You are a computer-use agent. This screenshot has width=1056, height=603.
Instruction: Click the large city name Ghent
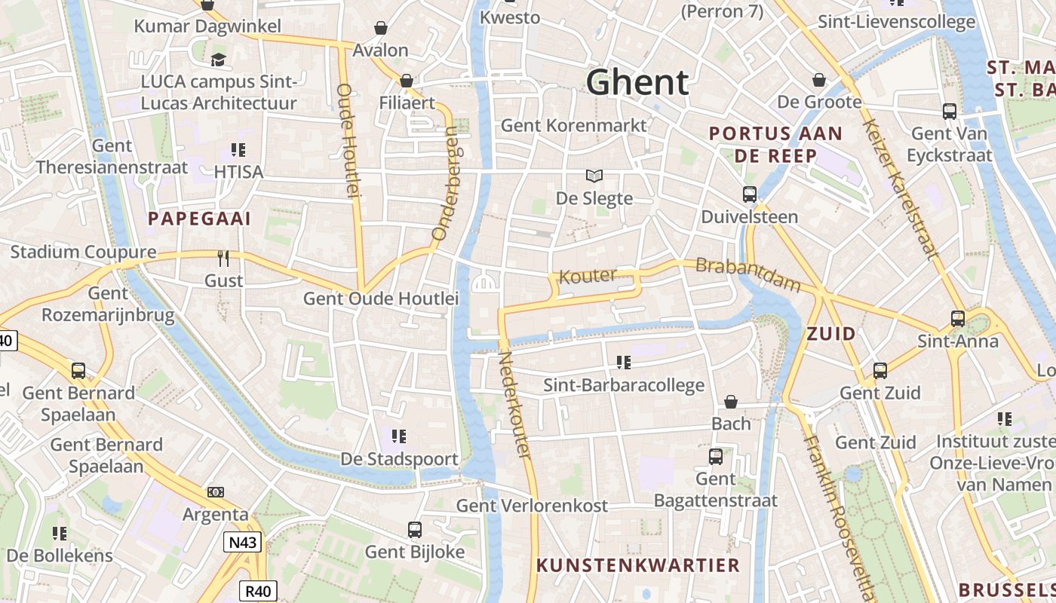pos(637,82)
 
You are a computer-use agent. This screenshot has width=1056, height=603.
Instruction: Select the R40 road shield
pos(259,591)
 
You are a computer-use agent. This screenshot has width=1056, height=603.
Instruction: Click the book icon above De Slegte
pos(594,176)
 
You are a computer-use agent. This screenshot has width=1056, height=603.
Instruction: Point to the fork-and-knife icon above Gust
pos(223,259)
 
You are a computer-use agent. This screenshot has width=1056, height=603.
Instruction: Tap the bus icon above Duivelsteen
pos(749,194)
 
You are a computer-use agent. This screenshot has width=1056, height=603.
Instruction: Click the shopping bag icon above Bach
pos(730,402)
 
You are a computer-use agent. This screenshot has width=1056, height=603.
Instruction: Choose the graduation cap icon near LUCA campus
pos(219,60)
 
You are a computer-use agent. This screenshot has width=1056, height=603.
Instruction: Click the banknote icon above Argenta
pos(216,492)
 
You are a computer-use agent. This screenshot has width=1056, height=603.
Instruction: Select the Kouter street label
pos(588,276)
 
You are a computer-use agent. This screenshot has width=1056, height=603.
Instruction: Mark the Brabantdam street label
pos(747,275)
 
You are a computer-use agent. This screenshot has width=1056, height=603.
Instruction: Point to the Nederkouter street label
pos(514,405)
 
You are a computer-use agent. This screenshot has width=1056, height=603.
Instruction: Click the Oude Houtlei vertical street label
pos(347,141)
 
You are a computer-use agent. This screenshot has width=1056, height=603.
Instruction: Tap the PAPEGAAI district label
pos(199,219)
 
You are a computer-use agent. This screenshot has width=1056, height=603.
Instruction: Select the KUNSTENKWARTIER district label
pos(638,565)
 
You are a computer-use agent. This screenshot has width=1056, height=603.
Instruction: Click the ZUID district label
pos(831,333)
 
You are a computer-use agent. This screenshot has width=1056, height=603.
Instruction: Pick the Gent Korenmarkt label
pos(574,125)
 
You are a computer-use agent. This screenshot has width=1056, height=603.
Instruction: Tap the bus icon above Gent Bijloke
pos(415,529)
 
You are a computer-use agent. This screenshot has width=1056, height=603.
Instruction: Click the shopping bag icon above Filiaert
pos(407,80)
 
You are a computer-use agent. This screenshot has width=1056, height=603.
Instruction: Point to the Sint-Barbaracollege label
pos(624,385)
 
